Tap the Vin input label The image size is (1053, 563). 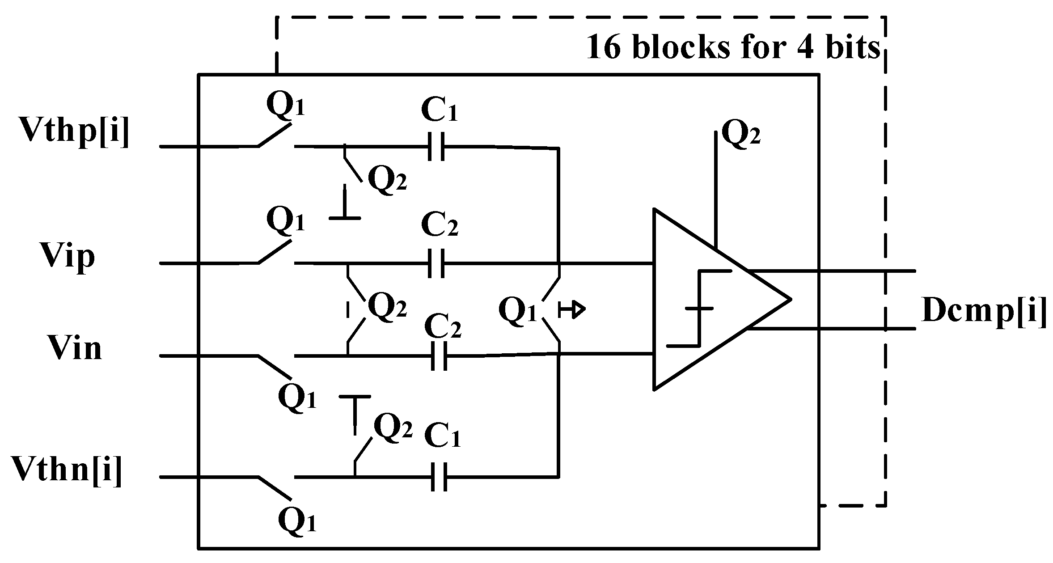click(x=75, y=349)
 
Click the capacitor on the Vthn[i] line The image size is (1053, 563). click(x=439, y=478)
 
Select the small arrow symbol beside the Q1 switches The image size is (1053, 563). click(x=572, y=309)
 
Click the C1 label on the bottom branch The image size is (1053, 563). click(x=443, y=436)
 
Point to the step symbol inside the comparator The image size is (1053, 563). click(x=698, y=309)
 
